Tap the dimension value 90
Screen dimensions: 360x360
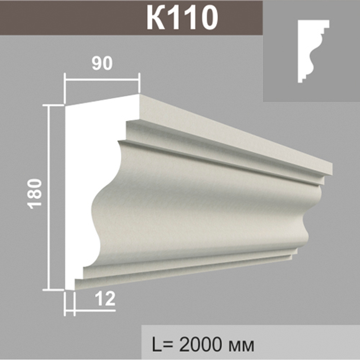102,64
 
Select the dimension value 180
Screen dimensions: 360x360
35,194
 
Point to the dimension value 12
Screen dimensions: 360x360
105,299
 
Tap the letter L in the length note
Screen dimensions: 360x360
157,345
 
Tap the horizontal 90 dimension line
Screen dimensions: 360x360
102,80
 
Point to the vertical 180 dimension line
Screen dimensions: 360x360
48,198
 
